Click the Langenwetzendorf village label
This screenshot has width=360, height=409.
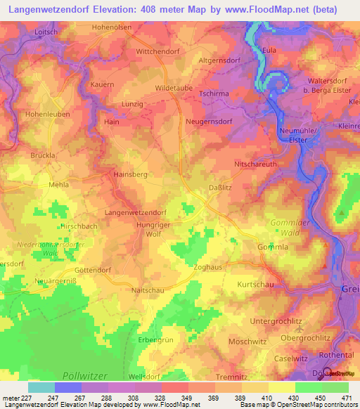coord(135,212)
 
